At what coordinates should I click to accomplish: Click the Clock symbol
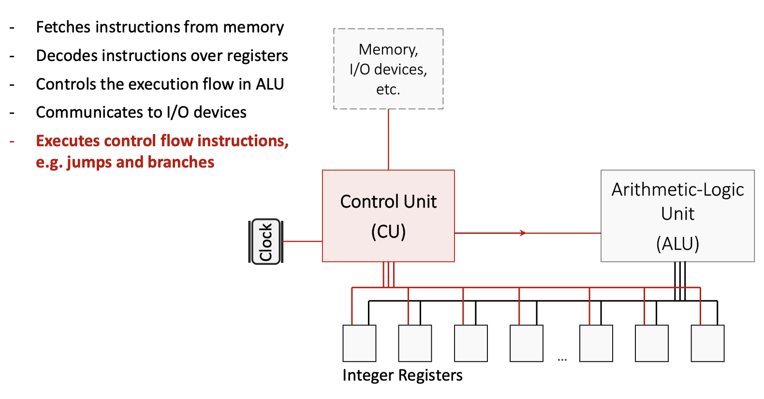[x=265, y=242]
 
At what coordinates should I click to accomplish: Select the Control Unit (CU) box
[x=388, y=216]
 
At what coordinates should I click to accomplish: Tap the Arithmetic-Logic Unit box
[x=677, y=215]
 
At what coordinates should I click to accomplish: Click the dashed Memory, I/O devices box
[x=388, y=69]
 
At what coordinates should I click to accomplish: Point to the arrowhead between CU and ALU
[x=523, y=233]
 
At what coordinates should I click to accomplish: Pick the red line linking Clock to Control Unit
[x=303, y=241]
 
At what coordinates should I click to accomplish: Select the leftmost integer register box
[x=359, y=343]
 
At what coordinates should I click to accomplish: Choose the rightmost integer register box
[x=707, y=343]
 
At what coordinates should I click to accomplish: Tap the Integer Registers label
[x=402, y=375]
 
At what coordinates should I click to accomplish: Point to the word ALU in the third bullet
[x=270, y=84]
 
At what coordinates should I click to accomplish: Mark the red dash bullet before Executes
[x=12, y=141]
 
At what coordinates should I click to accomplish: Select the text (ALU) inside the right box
[x=677, y=244]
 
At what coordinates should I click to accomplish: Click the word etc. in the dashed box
[x=388, y=90]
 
